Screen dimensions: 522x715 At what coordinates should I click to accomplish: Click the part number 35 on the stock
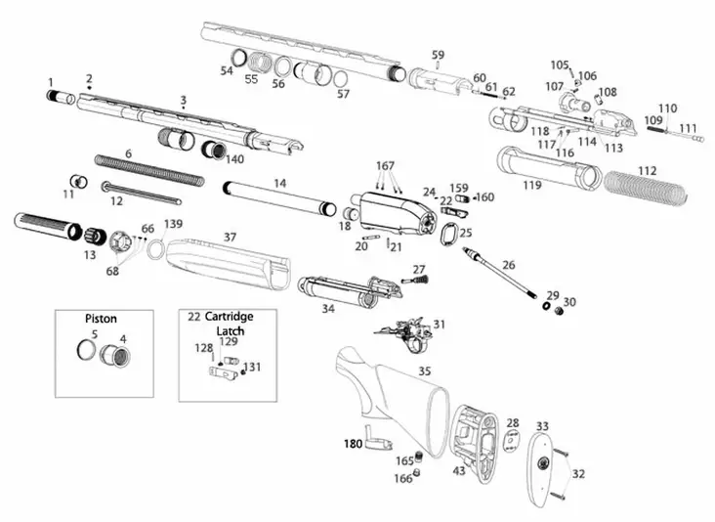[x=424, y=371]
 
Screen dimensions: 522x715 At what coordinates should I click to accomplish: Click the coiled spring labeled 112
[x=645, y=188]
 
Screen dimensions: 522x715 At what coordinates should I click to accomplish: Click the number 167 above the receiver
[x=386, y=165]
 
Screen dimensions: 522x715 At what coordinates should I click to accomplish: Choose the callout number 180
[x=353, y=444]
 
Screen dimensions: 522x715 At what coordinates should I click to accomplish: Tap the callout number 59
[x=438, y=55]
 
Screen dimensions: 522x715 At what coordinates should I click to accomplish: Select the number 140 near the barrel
[x=235, y=158]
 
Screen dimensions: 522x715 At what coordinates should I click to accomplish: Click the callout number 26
[x=508, y=264]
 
